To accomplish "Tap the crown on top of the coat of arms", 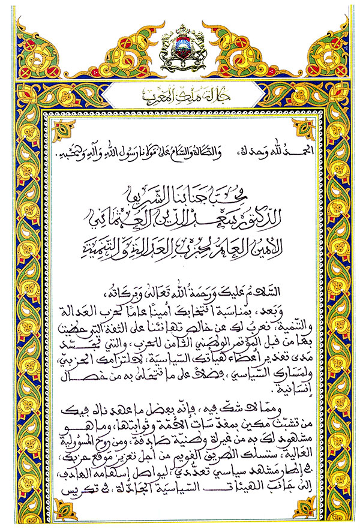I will point(180,29).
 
